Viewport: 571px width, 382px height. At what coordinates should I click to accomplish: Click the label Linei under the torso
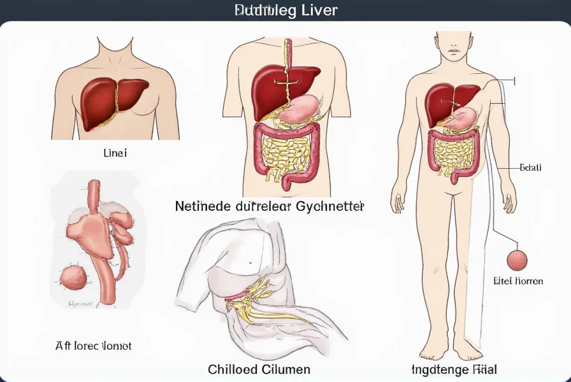pos(115,153)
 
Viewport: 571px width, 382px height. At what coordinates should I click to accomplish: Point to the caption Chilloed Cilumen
pos(259,369)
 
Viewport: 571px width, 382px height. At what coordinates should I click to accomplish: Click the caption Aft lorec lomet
pos(94,346)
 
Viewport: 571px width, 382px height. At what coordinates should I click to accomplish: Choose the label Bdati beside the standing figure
pos(530,167)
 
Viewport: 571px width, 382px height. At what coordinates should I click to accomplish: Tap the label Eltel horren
pos(518,280)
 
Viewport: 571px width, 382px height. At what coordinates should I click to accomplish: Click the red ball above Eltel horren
pos(517,260)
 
